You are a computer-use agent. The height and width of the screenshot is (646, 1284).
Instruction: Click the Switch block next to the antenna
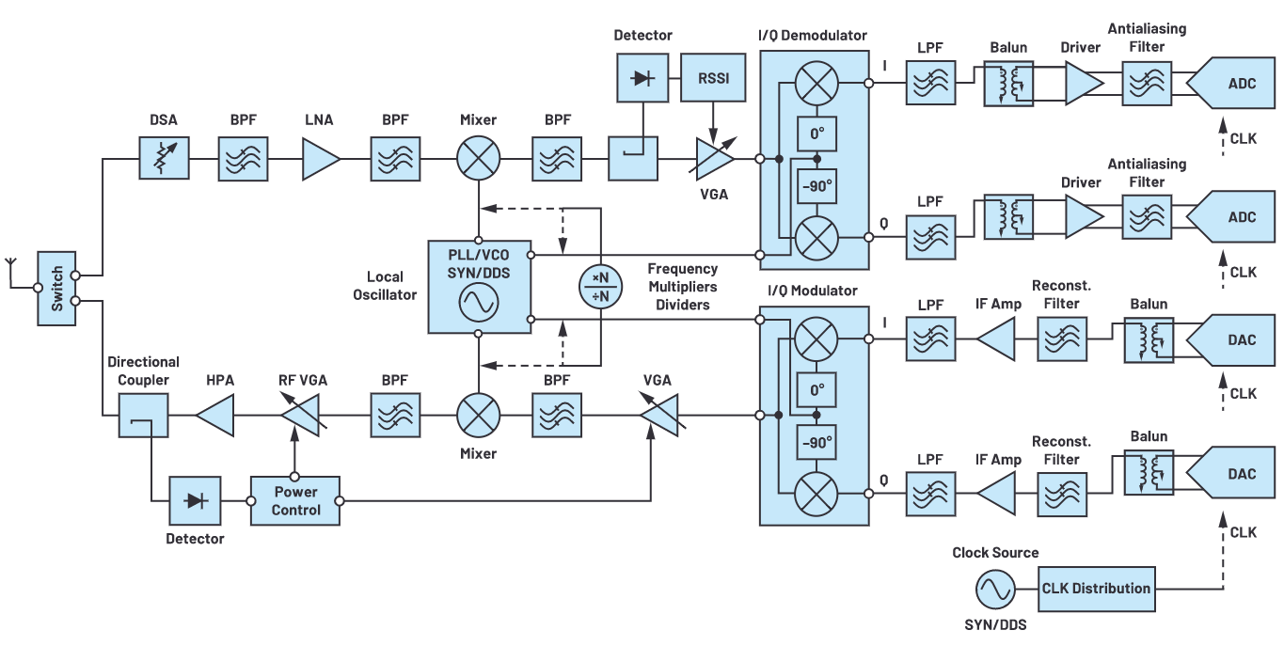pyautogui.click(x=56, y=289)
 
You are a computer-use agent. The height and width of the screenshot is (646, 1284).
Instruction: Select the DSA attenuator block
pyautogui.click(x=164, y=158)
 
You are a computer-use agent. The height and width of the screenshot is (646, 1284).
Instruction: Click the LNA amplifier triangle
pyautogui.click(x=320, y=158)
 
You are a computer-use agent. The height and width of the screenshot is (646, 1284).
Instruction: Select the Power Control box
pyautogui.click(x=295, y=500)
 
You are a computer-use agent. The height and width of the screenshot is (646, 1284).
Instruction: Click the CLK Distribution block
pyautogui.click(x=1095, y=589)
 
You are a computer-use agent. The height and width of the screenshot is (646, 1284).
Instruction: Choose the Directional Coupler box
pyautogui.click(x=143, y=415)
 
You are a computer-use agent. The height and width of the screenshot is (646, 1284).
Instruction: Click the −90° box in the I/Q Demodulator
pyautogui.click(x=816, y=186)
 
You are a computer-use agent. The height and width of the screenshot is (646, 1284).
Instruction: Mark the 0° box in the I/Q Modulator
pyautogui.click(x=816, y=388)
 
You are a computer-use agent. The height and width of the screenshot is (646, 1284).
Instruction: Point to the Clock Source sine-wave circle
pyautogui.click(x=994, y=590)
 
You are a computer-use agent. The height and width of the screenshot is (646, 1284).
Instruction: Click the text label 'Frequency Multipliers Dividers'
pyautogui.click(x=682, y=287)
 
